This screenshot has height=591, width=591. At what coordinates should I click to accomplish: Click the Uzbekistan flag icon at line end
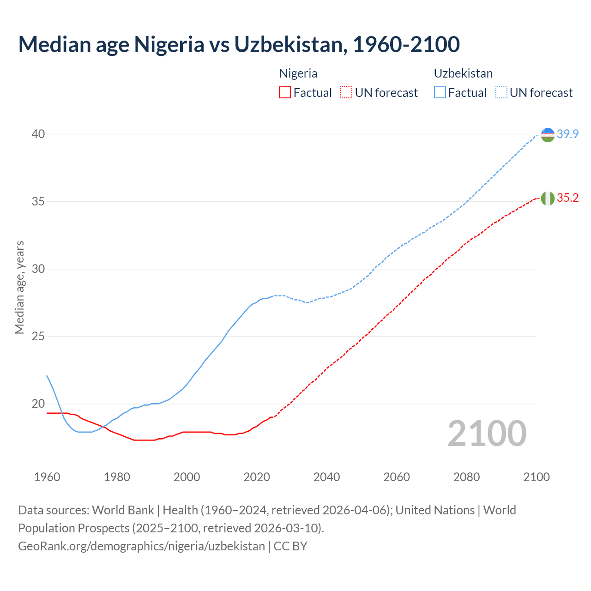tap(548, 135)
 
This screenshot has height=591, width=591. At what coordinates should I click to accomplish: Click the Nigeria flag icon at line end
tap(548, 198)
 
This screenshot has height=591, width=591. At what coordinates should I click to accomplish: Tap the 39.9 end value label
tap(567, 134)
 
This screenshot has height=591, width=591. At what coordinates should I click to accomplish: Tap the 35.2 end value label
tap(567, 198)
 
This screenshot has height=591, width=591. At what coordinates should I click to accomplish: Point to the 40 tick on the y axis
tap(38, 134)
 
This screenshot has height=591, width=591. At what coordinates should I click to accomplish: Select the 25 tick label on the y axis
tap(38, 337)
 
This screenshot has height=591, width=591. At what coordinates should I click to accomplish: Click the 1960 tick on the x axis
tap(47, 477)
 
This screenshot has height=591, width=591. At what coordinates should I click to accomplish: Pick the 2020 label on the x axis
tap(257, 477)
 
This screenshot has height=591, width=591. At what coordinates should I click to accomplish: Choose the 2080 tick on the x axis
tap(466, 477)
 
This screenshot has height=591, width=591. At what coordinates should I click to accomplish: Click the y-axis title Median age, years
tap(19, 287)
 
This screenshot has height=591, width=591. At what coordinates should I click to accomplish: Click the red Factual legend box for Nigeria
tap(285, 93)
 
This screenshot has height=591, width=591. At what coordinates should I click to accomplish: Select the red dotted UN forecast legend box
tap(346, 93)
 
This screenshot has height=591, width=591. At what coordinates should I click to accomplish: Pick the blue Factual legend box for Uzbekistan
tap(440, 93)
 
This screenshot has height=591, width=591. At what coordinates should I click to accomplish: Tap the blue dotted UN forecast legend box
tap(501, 93)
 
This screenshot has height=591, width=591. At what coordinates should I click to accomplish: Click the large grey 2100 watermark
tap(487, 434)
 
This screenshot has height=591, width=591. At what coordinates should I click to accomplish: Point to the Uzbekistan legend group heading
tap(463, 73)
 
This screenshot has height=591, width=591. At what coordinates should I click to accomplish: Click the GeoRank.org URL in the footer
tap(141, 546)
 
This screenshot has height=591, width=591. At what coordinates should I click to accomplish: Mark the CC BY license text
tap(290, 546)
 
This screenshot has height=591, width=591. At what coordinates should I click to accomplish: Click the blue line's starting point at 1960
tap(47, 376)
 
